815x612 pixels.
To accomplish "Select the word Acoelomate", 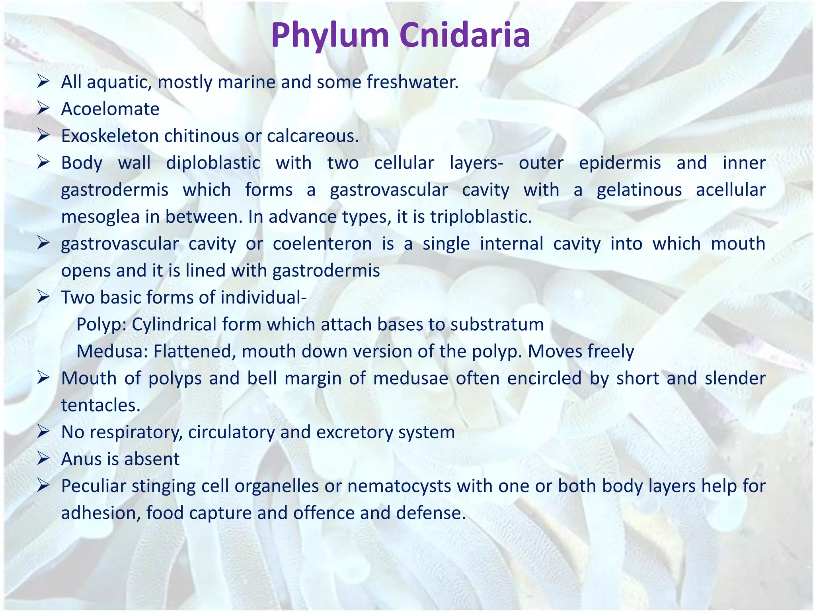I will coord(110,109).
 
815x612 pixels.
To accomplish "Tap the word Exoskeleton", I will coord(109,136).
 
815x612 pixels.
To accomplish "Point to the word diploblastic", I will coord(213,163).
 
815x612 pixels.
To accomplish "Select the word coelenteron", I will coord(322,244).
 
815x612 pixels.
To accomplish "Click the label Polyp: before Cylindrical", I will coord(101,325).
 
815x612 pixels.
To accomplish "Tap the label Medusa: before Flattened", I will coord(112,351).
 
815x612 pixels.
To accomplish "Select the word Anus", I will coord(81,459).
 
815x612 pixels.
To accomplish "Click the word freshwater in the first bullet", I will coord(412,82).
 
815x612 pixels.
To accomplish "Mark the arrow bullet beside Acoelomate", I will coord(43,109).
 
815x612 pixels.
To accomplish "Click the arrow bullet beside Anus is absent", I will coord(43,459).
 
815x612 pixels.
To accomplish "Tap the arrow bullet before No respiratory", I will coord(43,432).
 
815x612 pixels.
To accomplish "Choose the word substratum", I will coord(497,325).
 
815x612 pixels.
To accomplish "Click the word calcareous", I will coord(312,136).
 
